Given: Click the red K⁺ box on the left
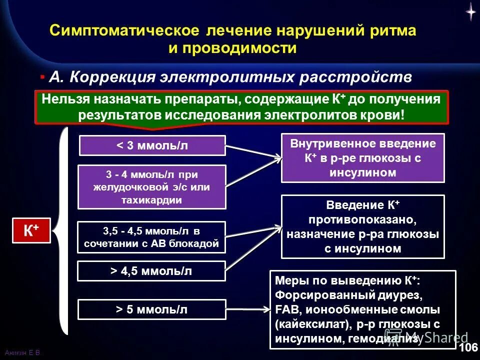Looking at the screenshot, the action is tap(31, 230).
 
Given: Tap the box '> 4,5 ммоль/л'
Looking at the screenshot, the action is tap(151, 271).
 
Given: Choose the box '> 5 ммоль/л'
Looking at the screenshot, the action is tap(152, 309).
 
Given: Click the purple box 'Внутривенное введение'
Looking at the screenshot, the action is tap(363, 158).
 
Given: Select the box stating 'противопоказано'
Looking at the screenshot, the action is tap(363, 226).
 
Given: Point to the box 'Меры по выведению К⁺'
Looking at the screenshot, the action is tap(363, 309).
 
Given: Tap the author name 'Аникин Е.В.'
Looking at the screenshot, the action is tap(22, 353).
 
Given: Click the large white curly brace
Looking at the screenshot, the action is tap(61, 230).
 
